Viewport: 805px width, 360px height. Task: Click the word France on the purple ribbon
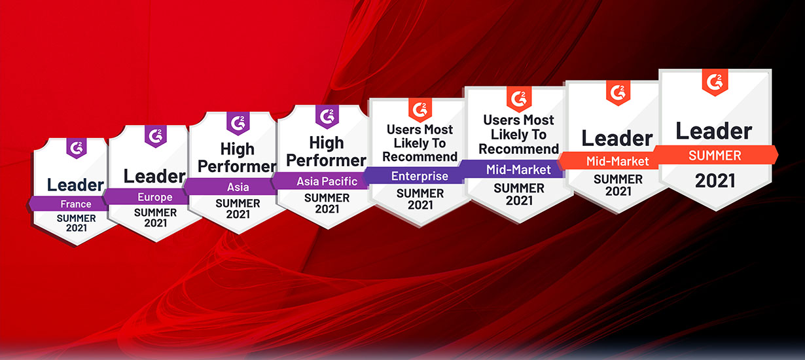[x=76, y=204]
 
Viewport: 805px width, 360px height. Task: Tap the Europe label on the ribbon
[x=155, y=197]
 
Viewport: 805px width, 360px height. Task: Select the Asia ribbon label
[x=238, y=187]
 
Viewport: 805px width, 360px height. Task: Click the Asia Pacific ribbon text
[x=327, y=181]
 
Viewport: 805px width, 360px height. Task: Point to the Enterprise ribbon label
[x=420, y=176]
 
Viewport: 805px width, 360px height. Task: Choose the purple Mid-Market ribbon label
[x=518, y=170]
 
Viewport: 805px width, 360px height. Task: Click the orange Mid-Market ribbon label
[x=618, y=161]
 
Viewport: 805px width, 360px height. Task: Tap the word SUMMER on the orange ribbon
[x=715, y=156]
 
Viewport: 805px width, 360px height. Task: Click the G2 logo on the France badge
[x=77, y=148]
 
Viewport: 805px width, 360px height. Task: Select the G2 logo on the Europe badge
[x=156, y=135]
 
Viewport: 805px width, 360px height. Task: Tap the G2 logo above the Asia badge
[x=238, y=123]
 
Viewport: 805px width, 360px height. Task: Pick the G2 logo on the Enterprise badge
[x=420, y=110]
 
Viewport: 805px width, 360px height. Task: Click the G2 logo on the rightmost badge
[x=715, y=82]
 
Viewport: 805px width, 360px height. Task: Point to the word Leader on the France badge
[x=75, y=185]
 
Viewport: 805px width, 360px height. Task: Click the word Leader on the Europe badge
[x=154, y=176]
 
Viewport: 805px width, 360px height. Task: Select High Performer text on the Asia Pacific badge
[x=327, y=152]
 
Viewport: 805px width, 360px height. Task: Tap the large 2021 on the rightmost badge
[x=715, y=181]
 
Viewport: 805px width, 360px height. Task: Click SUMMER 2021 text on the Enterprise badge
[x=420, y=199]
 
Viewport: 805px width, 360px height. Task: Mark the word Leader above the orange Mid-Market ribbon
[x=617, y=138]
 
